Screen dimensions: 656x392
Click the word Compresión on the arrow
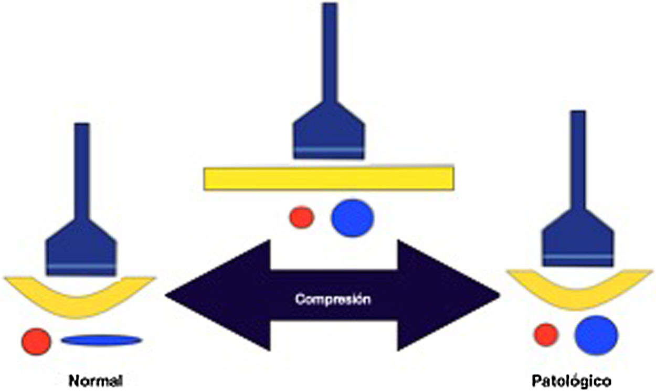click(333, 300)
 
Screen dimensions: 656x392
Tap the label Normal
click(96, 380)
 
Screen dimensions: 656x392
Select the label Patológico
click(571, 380)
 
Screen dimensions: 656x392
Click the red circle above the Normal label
click(36, 341)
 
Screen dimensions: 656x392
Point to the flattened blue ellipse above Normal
click(101, 340)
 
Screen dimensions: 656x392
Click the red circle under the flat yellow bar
click(302, 217)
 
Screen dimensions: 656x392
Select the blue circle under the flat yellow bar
click(353, 218)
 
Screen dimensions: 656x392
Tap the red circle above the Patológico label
click(546, 335)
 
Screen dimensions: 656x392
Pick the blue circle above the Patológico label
click(596, 335)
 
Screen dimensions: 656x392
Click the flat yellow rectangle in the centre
click(329, 178)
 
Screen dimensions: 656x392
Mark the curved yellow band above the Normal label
click(79, 299)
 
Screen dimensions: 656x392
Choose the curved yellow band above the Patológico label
click(579, 291)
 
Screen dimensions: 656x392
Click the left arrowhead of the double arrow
click(210, 295)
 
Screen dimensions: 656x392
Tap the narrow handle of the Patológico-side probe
click(578, 163)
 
